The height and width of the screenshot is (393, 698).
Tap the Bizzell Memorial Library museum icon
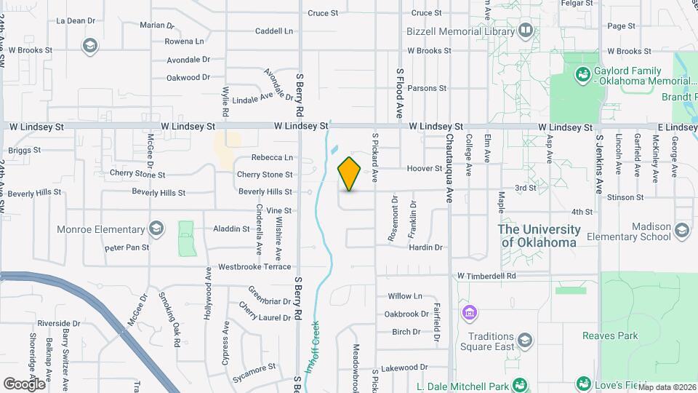click(525, 31)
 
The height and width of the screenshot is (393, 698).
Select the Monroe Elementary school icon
click(155, 229)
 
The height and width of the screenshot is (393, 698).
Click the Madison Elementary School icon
click(681, 231)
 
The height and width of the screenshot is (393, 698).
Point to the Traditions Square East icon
click(524, 341)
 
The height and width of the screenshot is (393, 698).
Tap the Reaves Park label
click(609, 336)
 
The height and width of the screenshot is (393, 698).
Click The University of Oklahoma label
click(539, 236)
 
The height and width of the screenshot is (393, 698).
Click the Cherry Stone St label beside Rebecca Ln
click(265, 175)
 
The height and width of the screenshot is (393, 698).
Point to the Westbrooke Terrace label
click(254, 267)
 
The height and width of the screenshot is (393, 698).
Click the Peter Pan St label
click(127, 247)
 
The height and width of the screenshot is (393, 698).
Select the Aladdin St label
click(231, 229)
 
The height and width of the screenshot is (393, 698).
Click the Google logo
click(24, 384)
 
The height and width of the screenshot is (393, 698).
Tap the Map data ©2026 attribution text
click(667, 387)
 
